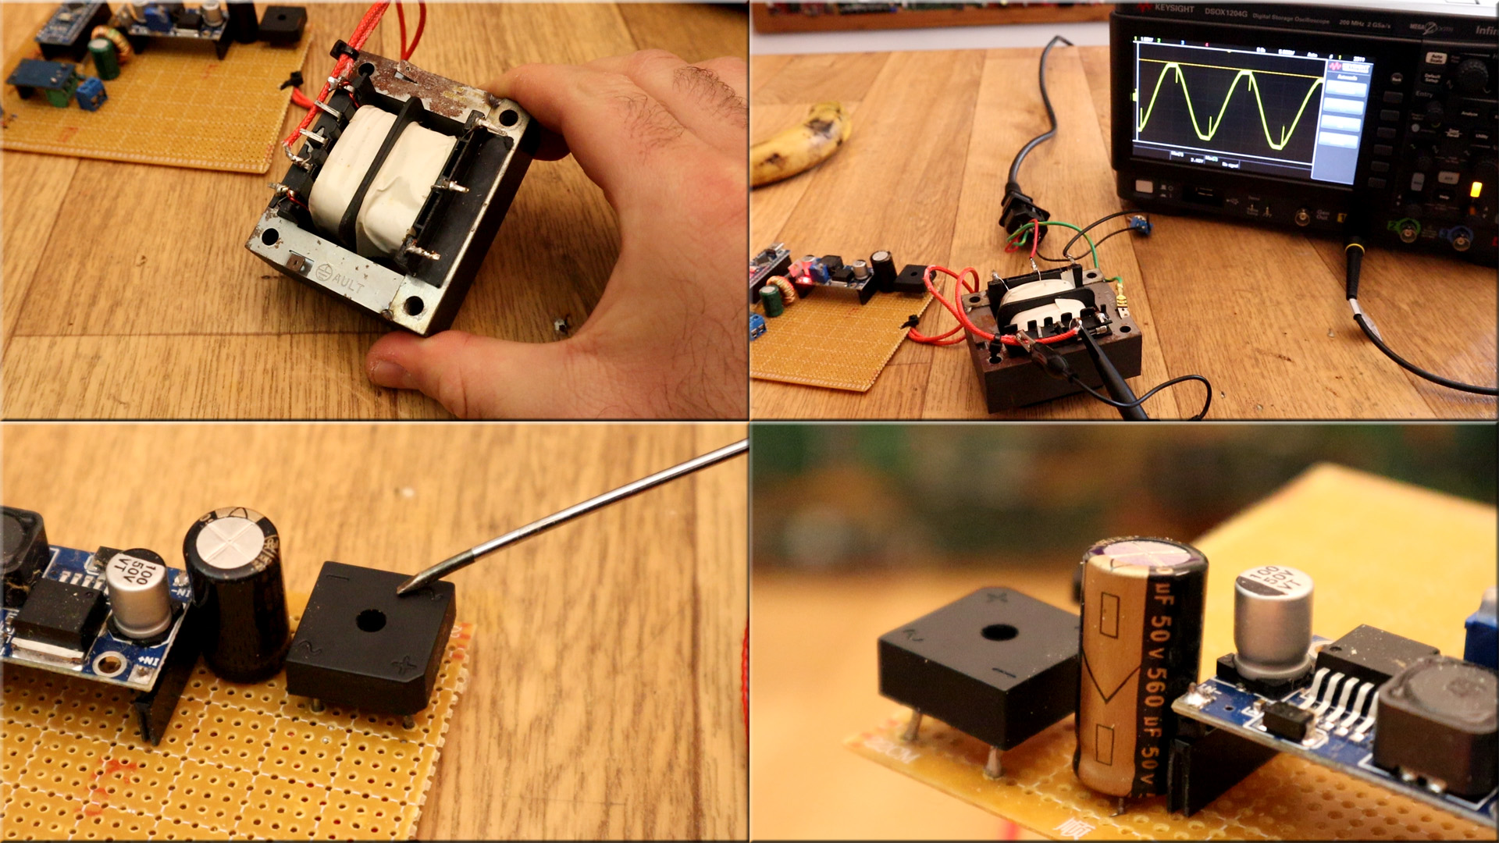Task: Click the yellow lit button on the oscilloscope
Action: tap(1475, 189)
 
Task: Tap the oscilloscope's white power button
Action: tap(1145, 187)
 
